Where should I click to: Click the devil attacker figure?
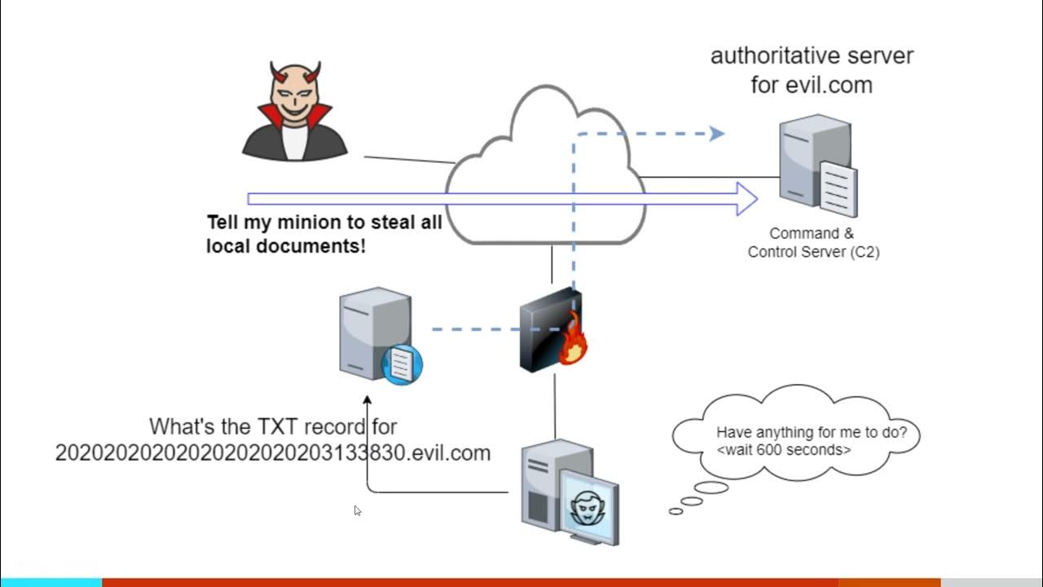(x=295, y=112)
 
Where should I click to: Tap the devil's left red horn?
(x=279, y=73)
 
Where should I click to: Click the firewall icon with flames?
(x=553, y=330)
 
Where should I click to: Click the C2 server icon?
(x=819, y=166)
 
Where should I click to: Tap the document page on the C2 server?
(x=838, y=190)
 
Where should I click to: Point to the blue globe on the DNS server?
(x=402, y=364)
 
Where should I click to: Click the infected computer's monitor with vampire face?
(x=590, y=507)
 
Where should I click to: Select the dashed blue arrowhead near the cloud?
(x=717, y=134)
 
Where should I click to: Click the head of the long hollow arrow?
(x=747, y=199)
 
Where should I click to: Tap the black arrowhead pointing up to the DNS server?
(x=367, y=399)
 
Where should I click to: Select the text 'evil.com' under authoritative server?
(x=830, y=86)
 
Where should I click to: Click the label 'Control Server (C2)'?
(x=813, y=252)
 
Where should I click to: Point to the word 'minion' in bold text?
(x=306, y=223)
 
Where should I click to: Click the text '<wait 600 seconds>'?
(x=784, y=450)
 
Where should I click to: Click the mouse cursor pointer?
(x=357, y=510)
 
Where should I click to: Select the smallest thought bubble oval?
(x=676, y=511)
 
